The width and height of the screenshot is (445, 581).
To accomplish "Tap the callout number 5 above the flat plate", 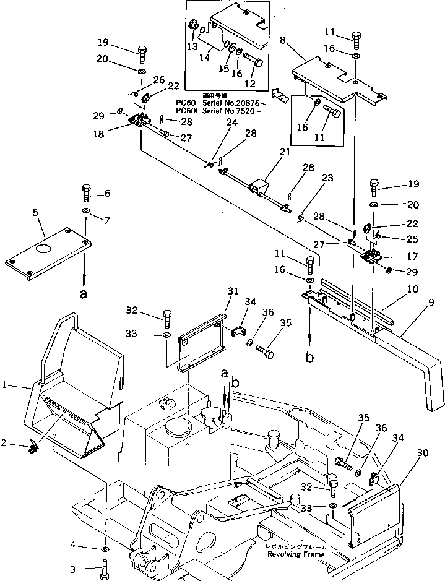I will click(x=35, y=213).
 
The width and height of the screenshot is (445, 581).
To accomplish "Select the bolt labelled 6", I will click(x=86, y=192).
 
